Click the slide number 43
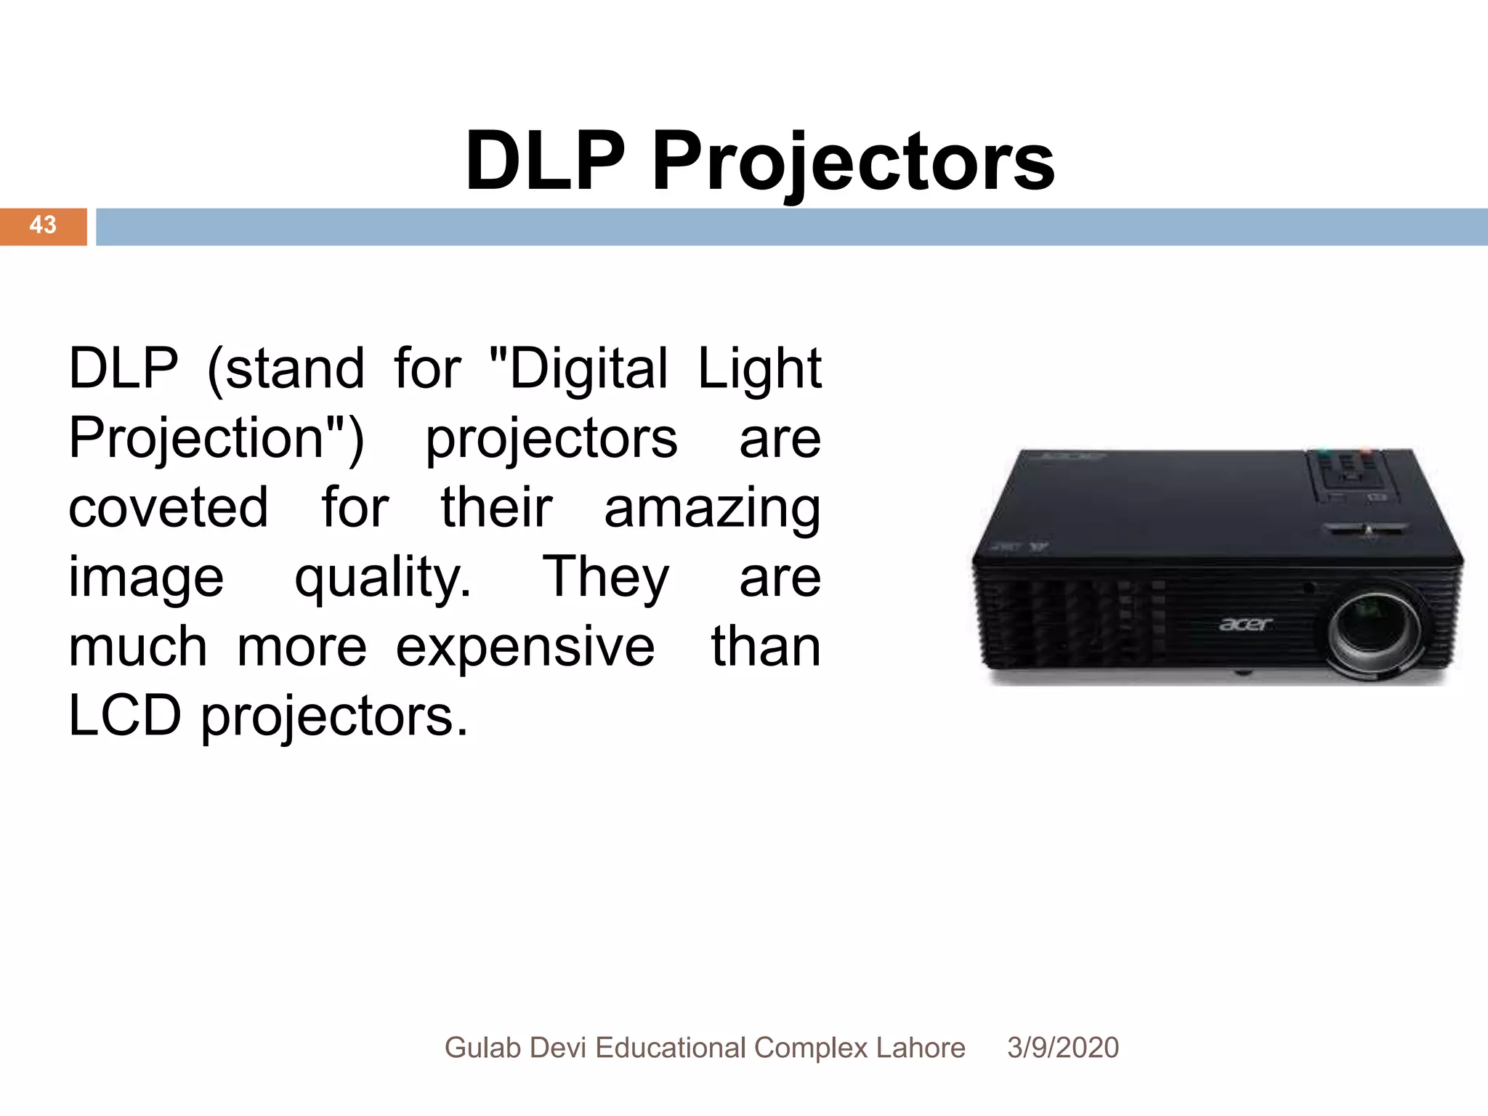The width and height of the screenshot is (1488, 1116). [x=43, y=225]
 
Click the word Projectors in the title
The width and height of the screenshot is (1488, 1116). [x=853, y=161]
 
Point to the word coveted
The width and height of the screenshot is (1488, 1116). [x=168, y=507]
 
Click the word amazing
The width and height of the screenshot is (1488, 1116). [x=712, y=509]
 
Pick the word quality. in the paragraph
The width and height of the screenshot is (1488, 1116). [x=382, y=578]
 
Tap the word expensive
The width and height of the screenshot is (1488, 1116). [x=525, y=647]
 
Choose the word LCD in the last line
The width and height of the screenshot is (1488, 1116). [x=124, y=716]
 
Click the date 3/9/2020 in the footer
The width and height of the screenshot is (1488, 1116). [x=1062, y=1048]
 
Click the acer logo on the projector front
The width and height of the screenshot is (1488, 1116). [x=1245, y=624]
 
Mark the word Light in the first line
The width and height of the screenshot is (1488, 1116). [x=759, y=369]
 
